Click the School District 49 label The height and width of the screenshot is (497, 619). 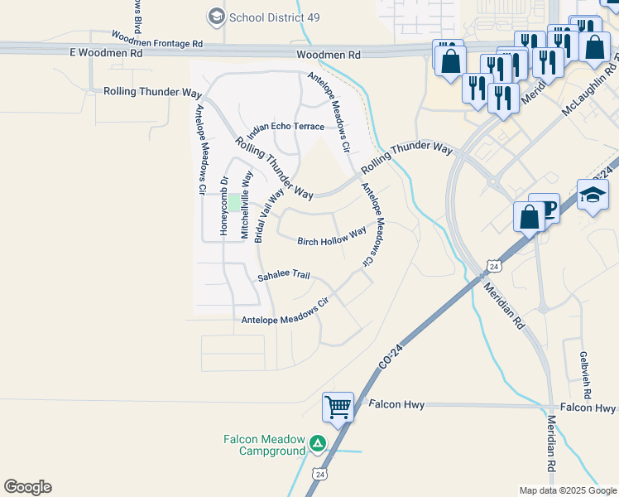pyautogui.click(x=268, y=17)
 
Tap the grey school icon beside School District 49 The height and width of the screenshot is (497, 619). pyautogui.click(x=217, y=17)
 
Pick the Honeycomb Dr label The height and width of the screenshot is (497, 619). pyautogui.click(x=223, y=205)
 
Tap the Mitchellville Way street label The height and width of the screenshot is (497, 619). pyautogui.click(x=246, y=205)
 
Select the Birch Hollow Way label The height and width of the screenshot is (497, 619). pyautogui.click(x=332, y=238)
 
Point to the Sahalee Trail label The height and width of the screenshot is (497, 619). pyautogui.click(x=283, y=275)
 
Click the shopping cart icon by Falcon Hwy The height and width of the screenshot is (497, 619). pyautogui.click(x=338, y=407)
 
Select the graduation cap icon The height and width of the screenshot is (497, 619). pyautogui.click(x=593, y=195)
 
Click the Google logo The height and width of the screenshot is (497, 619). pyautogui.click(x=27, y=487)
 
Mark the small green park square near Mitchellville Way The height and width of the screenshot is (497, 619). pyautogui.click(x=234, y=202)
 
